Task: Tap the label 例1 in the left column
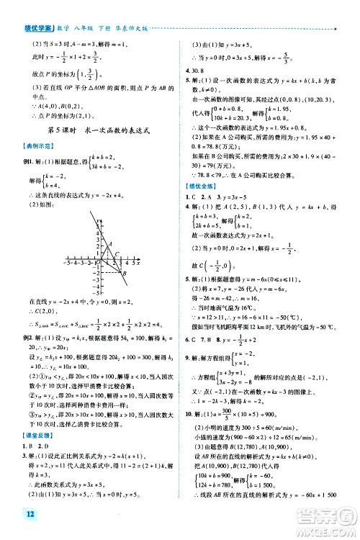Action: tap(29, 143)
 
